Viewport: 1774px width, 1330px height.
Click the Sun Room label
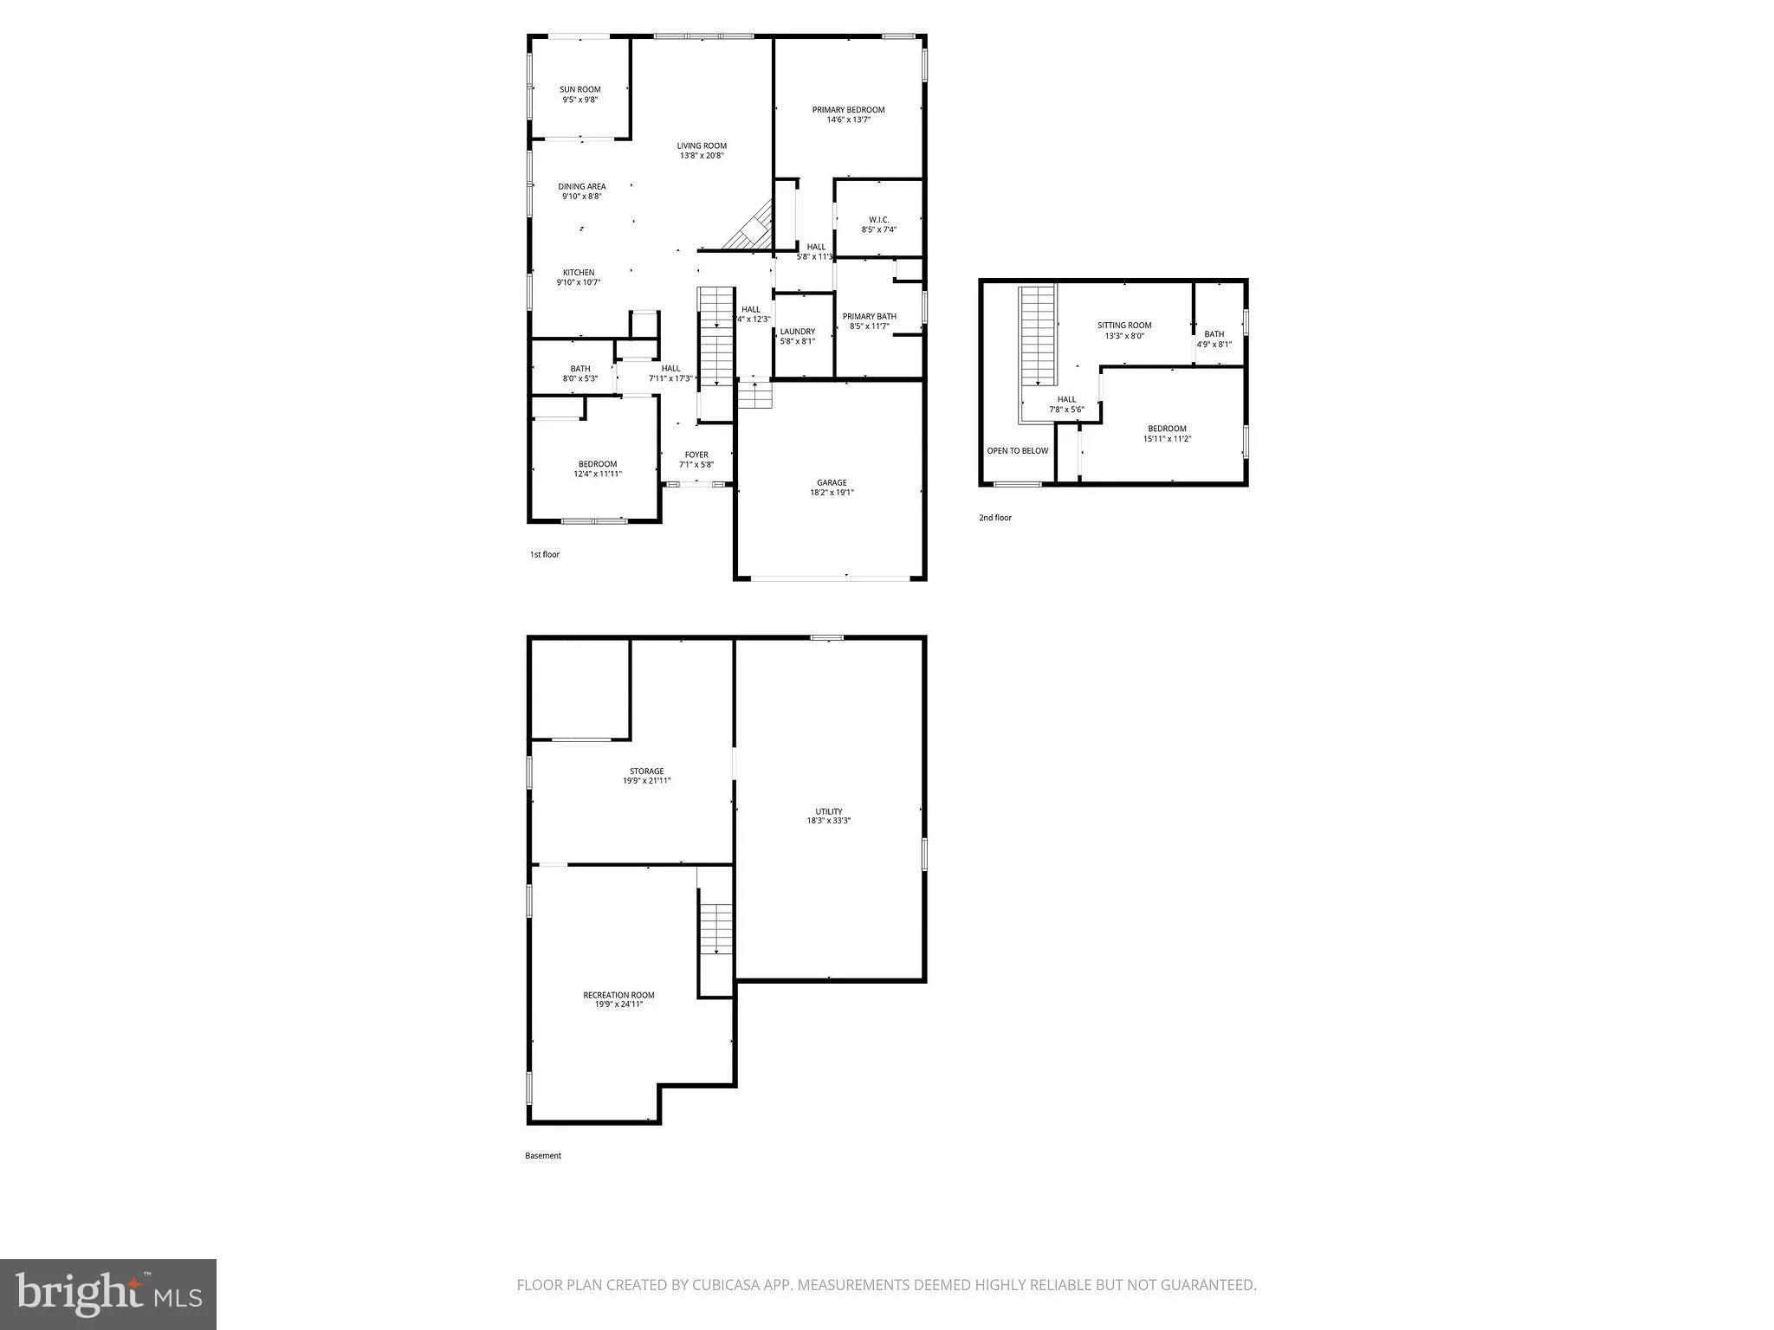[x=580, y=89]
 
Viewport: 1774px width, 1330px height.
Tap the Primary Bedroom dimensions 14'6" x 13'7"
[x=848, y=119]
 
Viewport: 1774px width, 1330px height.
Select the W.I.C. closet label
[x=878, y=219]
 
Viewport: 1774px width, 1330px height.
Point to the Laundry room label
[x=797, y=332]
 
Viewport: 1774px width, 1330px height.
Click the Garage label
[x=832, y=482]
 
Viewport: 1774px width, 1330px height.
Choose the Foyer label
[x=696, y=455]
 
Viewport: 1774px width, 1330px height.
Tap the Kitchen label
[x=579, y=273]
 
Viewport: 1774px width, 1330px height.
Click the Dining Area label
[x=582, y=186]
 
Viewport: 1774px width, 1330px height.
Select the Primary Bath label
[x=870, y=316]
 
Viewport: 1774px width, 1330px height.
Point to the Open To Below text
[x=1018, y=450]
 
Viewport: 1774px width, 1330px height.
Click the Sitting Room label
[x=1124, y=326]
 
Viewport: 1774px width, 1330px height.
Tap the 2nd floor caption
[x=995, y=518]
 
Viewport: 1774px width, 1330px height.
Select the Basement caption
[x=543, y=1155]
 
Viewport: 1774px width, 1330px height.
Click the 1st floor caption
[x=545, y=554]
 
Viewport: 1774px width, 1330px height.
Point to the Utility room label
[x=829, y=811]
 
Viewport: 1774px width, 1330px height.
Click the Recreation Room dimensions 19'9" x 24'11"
[x=618, y=1004]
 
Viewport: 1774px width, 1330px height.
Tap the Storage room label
[x=647, y=771]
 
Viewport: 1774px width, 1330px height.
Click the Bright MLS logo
[x=108, y=1294]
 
